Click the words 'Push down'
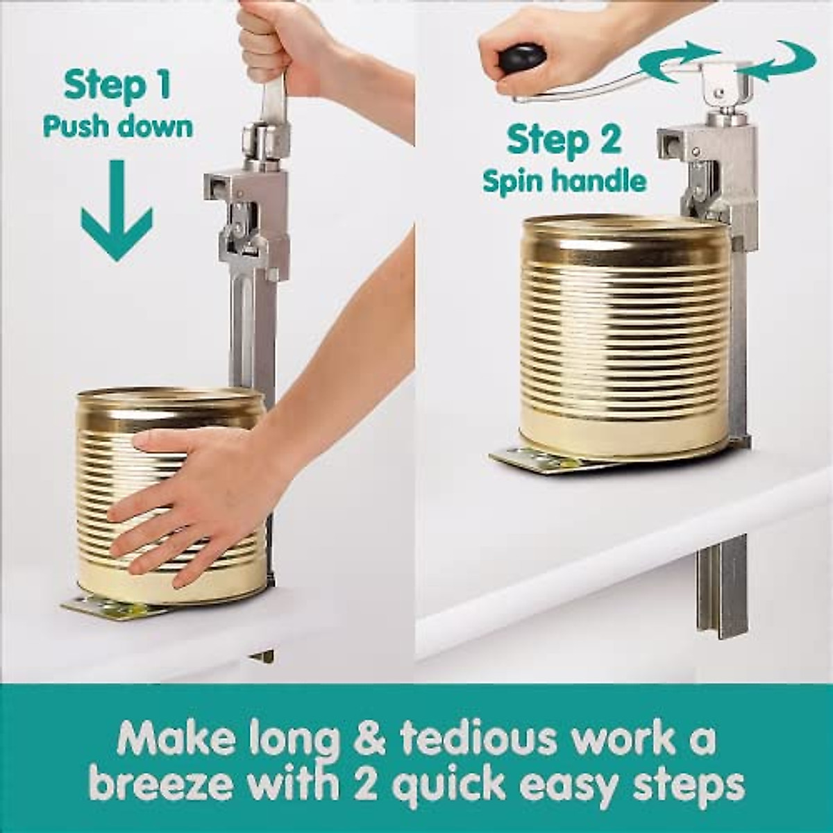[x=117, y=127]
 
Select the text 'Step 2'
[x=563, y=140]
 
